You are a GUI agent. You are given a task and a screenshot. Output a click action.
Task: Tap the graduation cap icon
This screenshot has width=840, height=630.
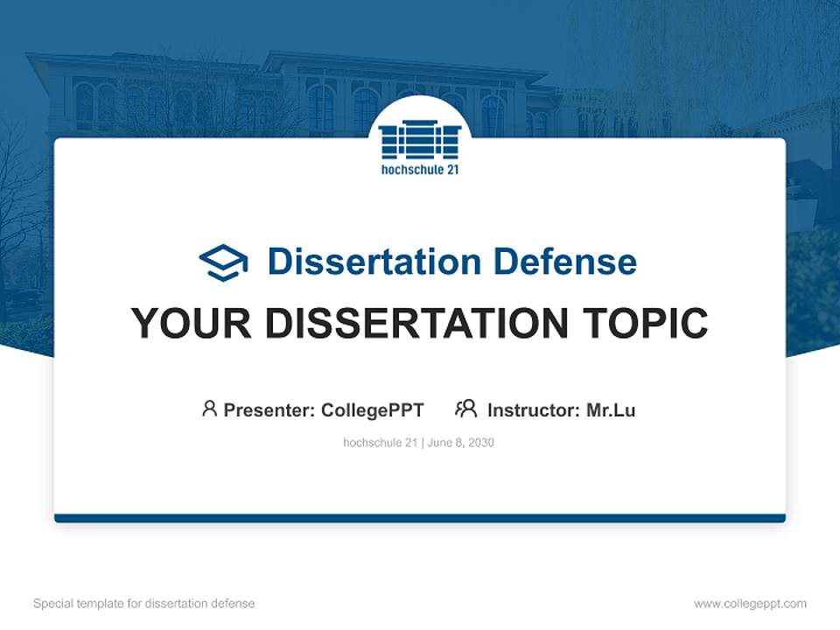[223, 262]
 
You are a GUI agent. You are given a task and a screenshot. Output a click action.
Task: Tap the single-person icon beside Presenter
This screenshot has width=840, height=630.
[209, 409]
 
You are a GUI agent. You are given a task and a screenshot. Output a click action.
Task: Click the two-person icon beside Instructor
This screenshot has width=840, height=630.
[465, 409]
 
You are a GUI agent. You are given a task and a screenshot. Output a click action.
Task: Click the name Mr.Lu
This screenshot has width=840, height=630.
[611, 409]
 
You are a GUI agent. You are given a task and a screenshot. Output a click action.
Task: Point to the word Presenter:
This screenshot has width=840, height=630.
[269, 409]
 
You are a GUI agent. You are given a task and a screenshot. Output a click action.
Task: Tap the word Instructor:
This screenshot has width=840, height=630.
[534, 409]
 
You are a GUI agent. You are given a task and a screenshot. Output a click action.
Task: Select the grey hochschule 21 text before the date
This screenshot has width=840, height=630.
[380, 443]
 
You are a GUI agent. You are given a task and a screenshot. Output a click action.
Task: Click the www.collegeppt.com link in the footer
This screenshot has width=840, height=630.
[750, 604]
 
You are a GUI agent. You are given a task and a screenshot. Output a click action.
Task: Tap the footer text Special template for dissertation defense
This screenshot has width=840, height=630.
[144, 604]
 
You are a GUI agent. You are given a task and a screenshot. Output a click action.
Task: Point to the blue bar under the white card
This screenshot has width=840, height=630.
[420, 518]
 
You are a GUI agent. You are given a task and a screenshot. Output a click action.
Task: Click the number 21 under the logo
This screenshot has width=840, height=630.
[451, 170]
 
